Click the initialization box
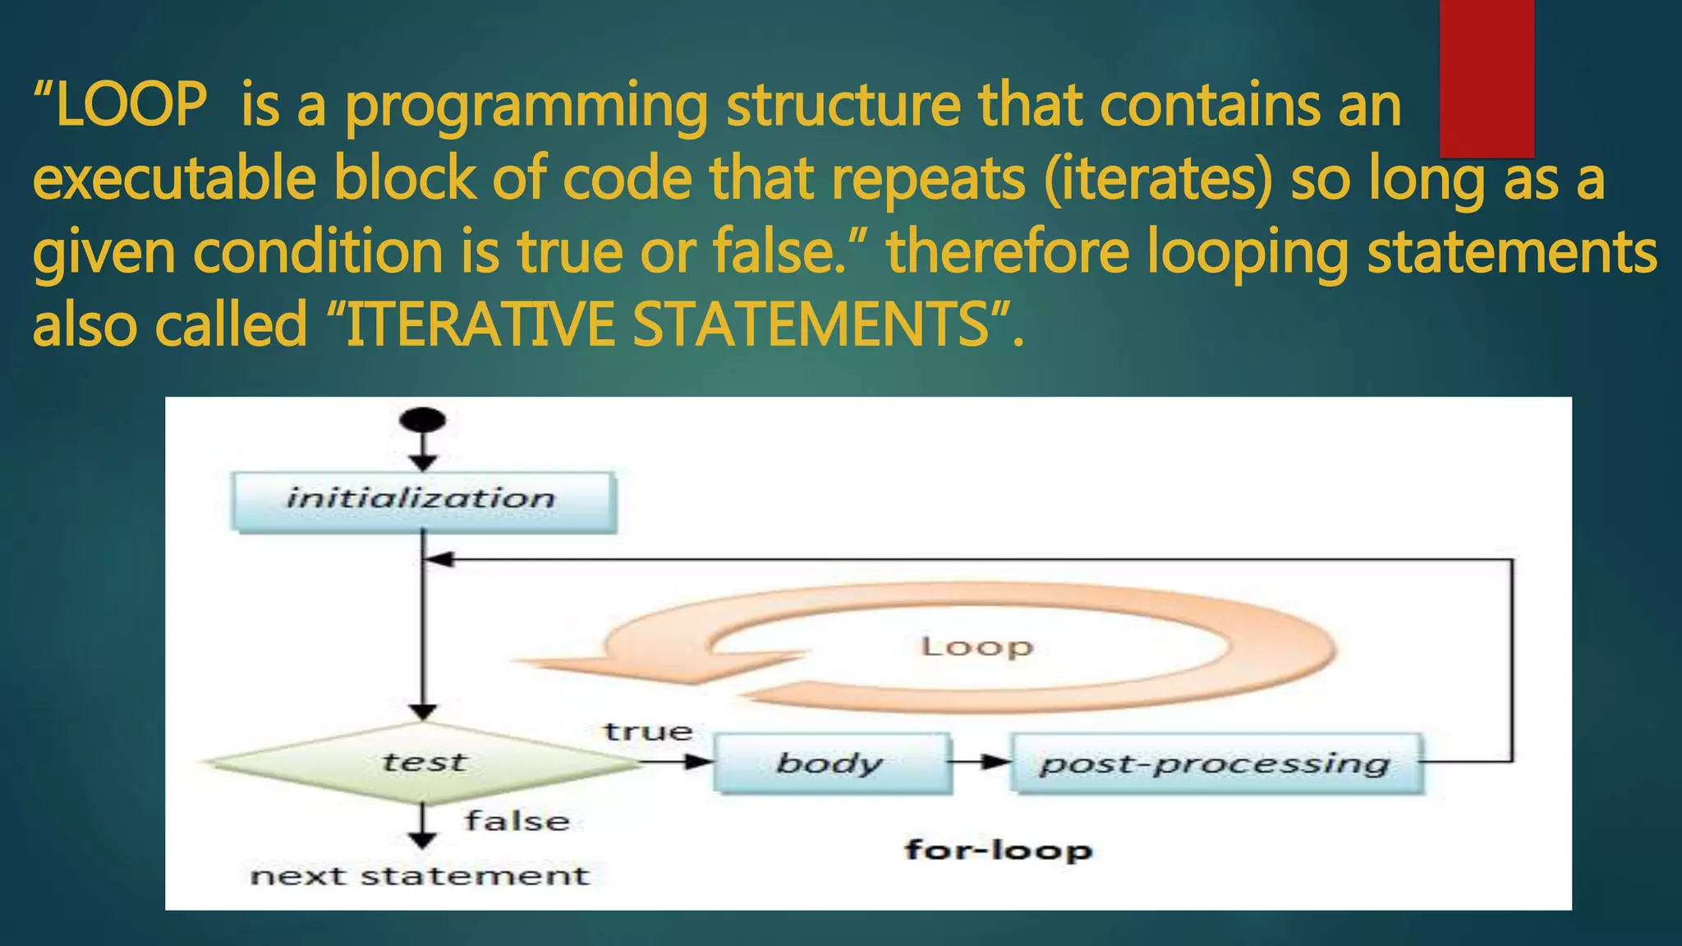[x=423, y=500]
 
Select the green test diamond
[x=423, y=763]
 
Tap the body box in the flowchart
[x=831, y=763]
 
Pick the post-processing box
[x=1216, y=763]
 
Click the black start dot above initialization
[x=422, y=420]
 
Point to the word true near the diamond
[x=649, y=731]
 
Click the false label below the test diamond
[x=517, y=821]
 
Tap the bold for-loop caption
[x=999, y=850]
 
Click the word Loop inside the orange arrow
[x=977, y=647]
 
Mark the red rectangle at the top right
[x=1487, y=78]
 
